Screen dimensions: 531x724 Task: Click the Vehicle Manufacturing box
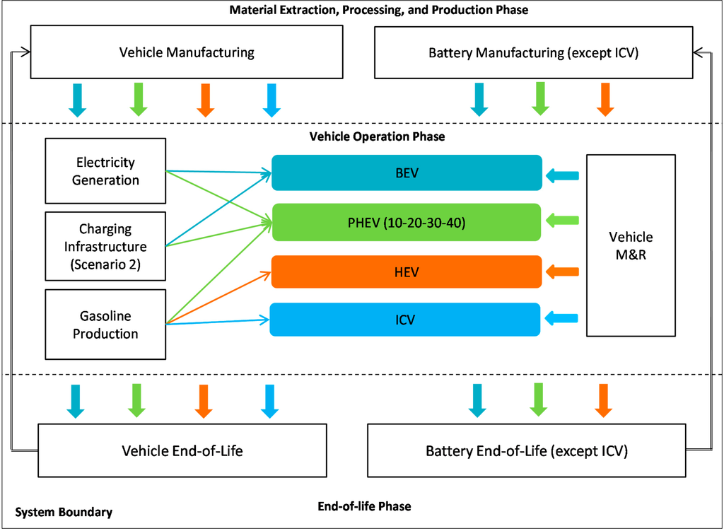click(186, 52)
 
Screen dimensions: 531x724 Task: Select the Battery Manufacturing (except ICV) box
click(533, 52)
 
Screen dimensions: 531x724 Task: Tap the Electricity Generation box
click(105, 171)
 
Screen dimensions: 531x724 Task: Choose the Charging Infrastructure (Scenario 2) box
click(105, 247)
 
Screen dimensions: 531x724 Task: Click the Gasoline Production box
click(105, 325)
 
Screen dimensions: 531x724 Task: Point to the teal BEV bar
click(407, 173)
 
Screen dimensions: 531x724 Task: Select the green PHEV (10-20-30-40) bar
click(407, 222)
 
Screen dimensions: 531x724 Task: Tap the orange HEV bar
click(407, 272)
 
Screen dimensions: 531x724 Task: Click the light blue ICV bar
click(407, 320)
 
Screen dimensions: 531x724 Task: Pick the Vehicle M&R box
click(631, 245)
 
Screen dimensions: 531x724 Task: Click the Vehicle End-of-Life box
click(182, 450)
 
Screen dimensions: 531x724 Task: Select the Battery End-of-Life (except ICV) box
click(526, 450)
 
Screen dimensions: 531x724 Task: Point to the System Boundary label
click(63, 512)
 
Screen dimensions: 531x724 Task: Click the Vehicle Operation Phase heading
click(377, 136)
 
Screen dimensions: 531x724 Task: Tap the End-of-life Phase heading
click(364, 506)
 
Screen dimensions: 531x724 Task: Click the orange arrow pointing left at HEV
click(563, 272)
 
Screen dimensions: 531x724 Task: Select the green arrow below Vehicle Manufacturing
click(139, 99)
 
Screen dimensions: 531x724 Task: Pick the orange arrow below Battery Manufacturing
click(604, 99)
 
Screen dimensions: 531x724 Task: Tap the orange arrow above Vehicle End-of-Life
click(204, 401)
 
